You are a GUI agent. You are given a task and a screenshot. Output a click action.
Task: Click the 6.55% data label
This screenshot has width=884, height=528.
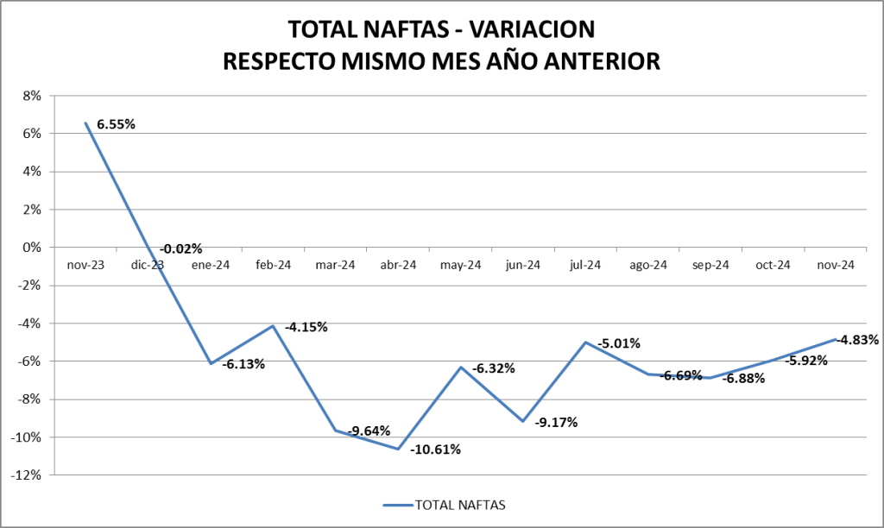116,124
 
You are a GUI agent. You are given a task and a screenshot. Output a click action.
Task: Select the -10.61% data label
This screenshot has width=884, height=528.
435,449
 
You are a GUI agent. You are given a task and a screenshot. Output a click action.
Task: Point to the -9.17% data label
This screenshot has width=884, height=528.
556,423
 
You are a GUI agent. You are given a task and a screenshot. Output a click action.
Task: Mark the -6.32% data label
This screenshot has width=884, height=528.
493,368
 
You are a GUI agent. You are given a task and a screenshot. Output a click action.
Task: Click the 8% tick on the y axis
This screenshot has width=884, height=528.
32,96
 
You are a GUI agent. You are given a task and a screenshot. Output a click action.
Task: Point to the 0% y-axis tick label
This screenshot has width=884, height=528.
32,248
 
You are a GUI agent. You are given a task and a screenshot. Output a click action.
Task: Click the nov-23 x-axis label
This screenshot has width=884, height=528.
85,266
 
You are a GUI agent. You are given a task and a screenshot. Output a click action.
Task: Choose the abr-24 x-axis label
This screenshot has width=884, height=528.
398,266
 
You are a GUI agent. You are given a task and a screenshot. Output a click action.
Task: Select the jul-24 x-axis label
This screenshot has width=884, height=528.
585,266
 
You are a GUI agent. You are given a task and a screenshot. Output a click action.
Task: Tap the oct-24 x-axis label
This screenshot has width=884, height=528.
773,266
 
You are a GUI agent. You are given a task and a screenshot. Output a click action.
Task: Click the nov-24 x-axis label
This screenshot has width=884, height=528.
835,266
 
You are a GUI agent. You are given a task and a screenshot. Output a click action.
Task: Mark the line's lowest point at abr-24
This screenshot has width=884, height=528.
398,449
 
